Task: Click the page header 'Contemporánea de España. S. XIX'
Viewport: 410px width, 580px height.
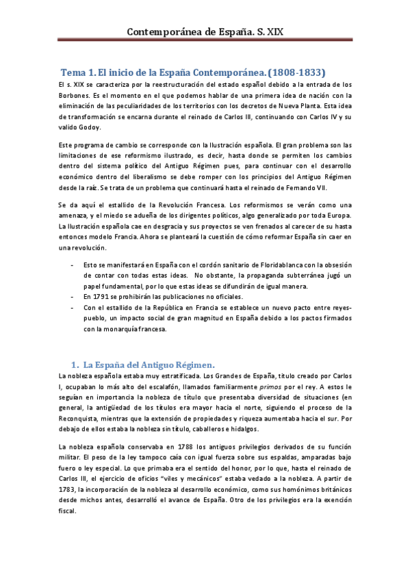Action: pyautogui.click(x=205, y=31)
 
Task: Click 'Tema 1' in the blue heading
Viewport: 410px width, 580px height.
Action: pyautogui.click(x=78, y=71)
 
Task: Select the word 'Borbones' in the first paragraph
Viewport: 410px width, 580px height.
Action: pyautogui.click(x=76, y=95)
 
